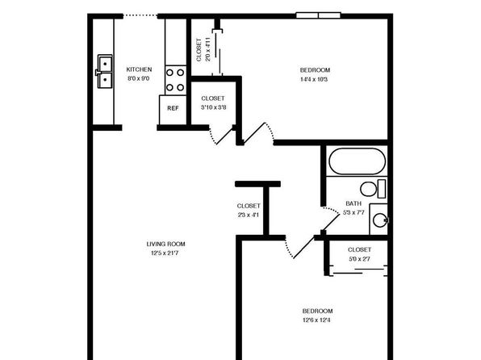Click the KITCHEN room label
click(x=139, y=69)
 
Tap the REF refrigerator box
click(x=173, y=110)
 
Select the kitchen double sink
click(x=105, y=72)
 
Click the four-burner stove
click(x=175, y=80)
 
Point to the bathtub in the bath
click(x=357, y=161)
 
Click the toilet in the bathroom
click(x=373, y=189)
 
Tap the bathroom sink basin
click(x=380, y=220)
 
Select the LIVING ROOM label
click(x=165, y=244)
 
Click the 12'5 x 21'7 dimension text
click(x=165, y=253)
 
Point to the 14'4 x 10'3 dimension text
click(x=314, y=79)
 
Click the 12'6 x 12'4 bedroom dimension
click(x=316, y=320)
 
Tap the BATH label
click(x=353, y=203)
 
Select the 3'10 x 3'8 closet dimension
click(x=214, y=107)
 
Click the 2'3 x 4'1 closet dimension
click(x=249, y=215)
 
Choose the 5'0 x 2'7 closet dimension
click(x=359, y=259)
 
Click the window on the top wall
click(x=319, y=15)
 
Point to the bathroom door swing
click(x=331, y=219)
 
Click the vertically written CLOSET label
click(x=199, y=50)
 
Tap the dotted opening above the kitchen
click(x=140, y=15)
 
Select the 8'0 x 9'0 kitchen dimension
click(x=138, y=78)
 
